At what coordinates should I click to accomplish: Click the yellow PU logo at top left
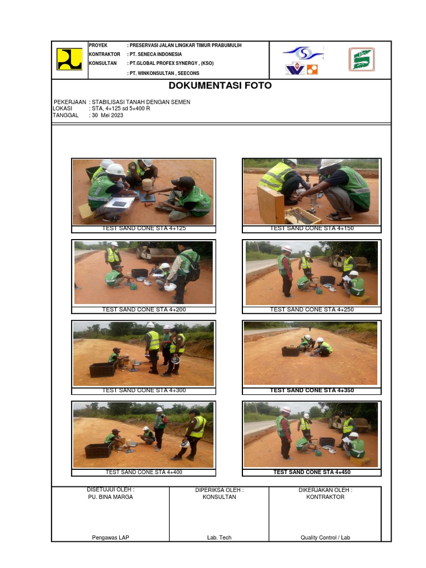point(69,59)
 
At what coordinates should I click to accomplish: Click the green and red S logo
point(361,59)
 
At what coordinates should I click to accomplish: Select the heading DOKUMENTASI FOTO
point(220,86)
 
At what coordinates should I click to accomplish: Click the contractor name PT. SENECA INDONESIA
point(155,54)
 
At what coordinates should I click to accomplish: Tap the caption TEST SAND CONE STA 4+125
point(143,228)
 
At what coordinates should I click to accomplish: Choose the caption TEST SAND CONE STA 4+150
point(311,228)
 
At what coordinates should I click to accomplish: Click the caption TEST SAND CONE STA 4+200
point(143,310)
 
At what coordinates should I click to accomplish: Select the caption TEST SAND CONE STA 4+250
point(311,310)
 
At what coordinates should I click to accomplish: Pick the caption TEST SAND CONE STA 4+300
point(143,390)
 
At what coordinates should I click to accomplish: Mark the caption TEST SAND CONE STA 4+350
point(311,390)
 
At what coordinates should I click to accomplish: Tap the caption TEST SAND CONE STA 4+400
point(143,472)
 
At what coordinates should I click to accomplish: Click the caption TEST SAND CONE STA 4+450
point(311,472)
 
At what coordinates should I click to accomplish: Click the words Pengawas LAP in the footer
point(110,537)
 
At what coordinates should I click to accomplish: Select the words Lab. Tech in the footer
point(219,537)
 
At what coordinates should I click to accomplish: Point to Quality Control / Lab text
point(325,537)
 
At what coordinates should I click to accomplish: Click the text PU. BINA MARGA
point(110,497)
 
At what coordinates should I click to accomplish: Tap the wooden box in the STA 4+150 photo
point(271,205)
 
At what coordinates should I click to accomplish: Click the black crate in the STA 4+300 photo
point(102,369)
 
